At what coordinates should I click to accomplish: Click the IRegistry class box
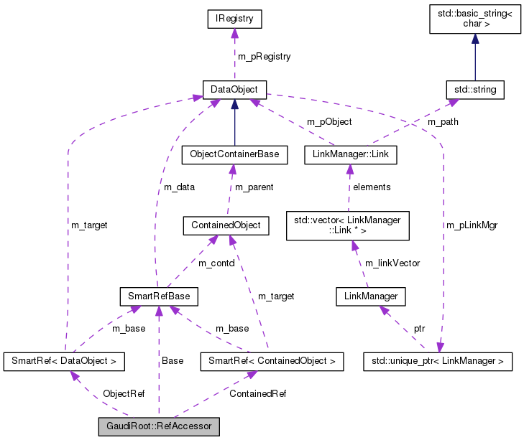234,19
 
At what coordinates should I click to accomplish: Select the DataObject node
234,90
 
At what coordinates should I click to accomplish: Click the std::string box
474,90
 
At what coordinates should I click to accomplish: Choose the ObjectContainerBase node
234,154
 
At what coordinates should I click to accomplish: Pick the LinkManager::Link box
350,154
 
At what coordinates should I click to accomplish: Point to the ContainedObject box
226,225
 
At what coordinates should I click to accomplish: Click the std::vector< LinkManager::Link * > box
347,225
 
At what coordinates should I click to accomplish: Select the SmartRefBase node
158,296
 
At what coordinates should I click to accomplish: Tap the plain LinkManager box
371,296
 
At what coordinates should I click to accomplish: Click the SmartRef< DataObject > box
64,361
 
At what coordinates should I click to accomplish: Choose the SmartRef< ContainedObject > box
272,361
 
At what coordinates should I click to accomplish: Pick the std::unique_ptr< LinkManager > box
438,361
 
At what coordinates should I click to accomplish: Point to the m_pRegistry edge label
264,56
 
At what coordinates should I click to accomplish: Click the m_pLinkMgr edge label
472,225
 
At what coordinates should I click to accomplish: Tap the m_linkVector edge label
392,263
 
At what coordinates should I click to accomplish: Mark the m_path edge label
443,121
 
